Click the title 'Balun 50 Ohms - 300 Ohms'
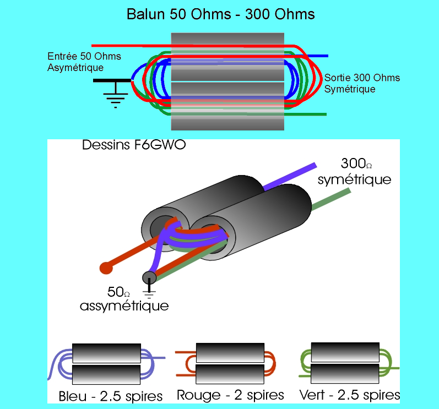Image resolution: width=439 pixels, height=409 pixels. pyautogui.click(x=221, y=14)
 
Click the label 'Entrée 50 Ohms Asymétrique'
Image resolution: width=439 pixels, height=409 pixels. pyautogui.click(x=84, y=62)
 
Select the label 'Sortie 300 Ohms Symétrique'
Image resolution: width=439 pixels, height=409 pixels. pyautogui.click(x=362, y=83)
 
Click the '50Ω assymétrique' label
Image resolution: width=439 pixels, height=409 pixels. pyautogui.click(x=123, y=298)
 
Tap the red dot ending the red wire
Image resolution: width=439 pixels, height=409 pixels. pyautogui.click(x=106, y=268)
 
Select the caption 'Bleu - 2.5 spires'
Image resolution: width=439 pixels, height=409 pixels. pyautogui.click(x=110, y=396)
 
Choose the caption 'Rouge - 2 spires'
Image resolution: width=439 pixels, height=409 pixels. pyautogui.click(x=230, y=395)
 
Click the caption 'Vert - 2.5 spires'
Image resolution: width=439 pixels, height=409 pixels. pyautogui.click(x=350, y=395)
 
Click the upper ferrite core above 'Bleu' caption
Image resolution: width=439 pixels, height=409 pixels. pyautogui.click(x=106, y=352)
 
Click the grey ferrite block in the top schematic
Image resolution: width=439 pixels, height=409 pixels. pyautogui.click(x=227, y=81)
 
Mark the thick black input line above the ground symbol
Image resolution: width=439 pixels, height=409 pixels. pyautogui.click(x=113, y=80)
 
